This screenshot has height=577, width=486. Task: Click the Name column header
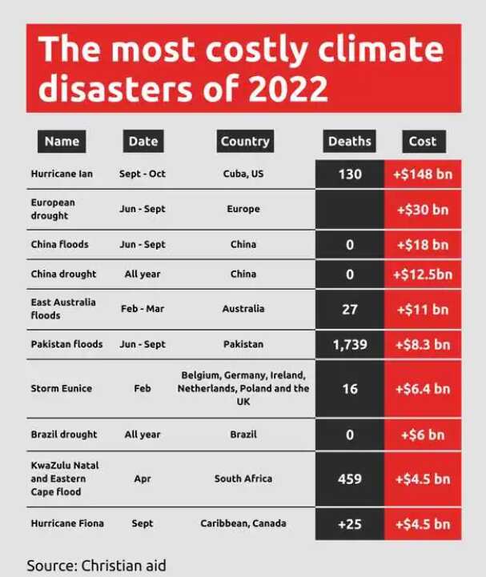tap(62, 141)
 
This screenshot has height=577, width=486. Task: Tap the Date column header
tap(143, 141)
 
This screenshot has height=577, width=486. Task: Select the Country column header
tap(245, 141)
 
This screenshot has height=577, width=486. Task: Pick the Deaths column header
tap(350, 141)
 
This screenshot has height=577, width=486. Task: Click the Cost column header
tap(423, 141)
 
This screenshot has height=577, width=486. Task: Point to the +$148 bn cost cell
tap(423, 174)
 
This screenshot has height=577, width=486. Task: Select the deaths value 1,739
tap(350, 344)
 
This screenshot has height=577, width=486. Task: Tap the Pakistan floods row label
tap(66, 344)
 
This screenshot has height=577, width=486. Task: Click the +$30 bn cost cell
tap(423, 209)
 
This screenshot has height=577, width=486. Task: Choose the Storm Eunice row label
tap(61, 388)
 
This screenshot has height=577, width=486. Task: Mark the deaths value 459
tap(350, 479)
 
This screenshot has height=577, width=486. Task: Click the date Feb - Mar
tap(143, 308)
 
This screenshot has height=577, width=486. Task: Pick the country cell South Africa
tap(243, 479)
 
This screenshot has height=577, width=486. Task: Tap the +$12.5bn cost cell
tap(423, 274)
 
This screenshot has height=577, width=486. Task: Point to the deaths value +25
tap(350, 523)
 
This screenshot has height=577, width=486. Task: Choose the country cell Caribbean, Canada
tap(243, 523)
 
